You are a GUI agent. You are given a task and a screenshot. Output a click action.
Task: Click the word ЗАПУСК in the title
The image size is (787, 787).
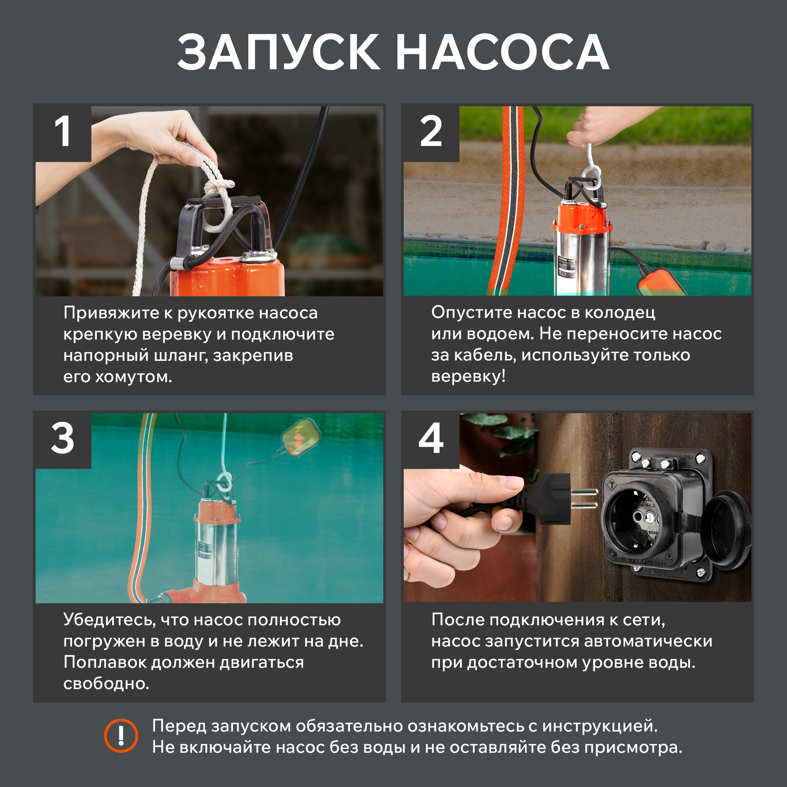(x=279, y=53)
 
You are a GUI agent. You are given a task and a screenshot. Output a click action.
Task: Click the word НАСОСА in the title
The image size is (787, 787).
(x=502, y=53)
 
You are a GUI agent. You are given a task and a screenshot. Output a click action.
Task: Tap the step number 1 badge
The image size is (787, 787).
(x=62, y=132)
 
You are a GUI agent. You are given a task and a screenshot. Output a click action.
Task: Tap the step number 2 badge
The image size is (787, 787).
(x=431, y=132)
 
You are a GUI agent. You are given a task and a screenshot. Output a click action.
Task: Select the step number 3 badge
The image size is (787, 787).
(x=62, y=439)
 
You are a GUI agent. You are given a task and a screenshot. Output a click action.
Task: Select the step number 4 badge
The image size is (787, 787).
(x=431, y=439)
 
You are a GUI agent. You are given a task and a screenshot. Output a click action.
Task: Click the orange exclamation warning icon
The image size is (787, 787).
(x=121, y=736)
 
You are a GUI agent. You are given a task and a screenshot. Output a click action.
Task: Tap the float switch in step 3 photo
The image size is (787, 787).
(x=301, y=437)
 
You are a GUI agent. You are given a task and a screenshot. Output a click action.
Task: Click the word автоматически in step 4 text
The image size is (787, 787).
(x=648, y=641)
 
